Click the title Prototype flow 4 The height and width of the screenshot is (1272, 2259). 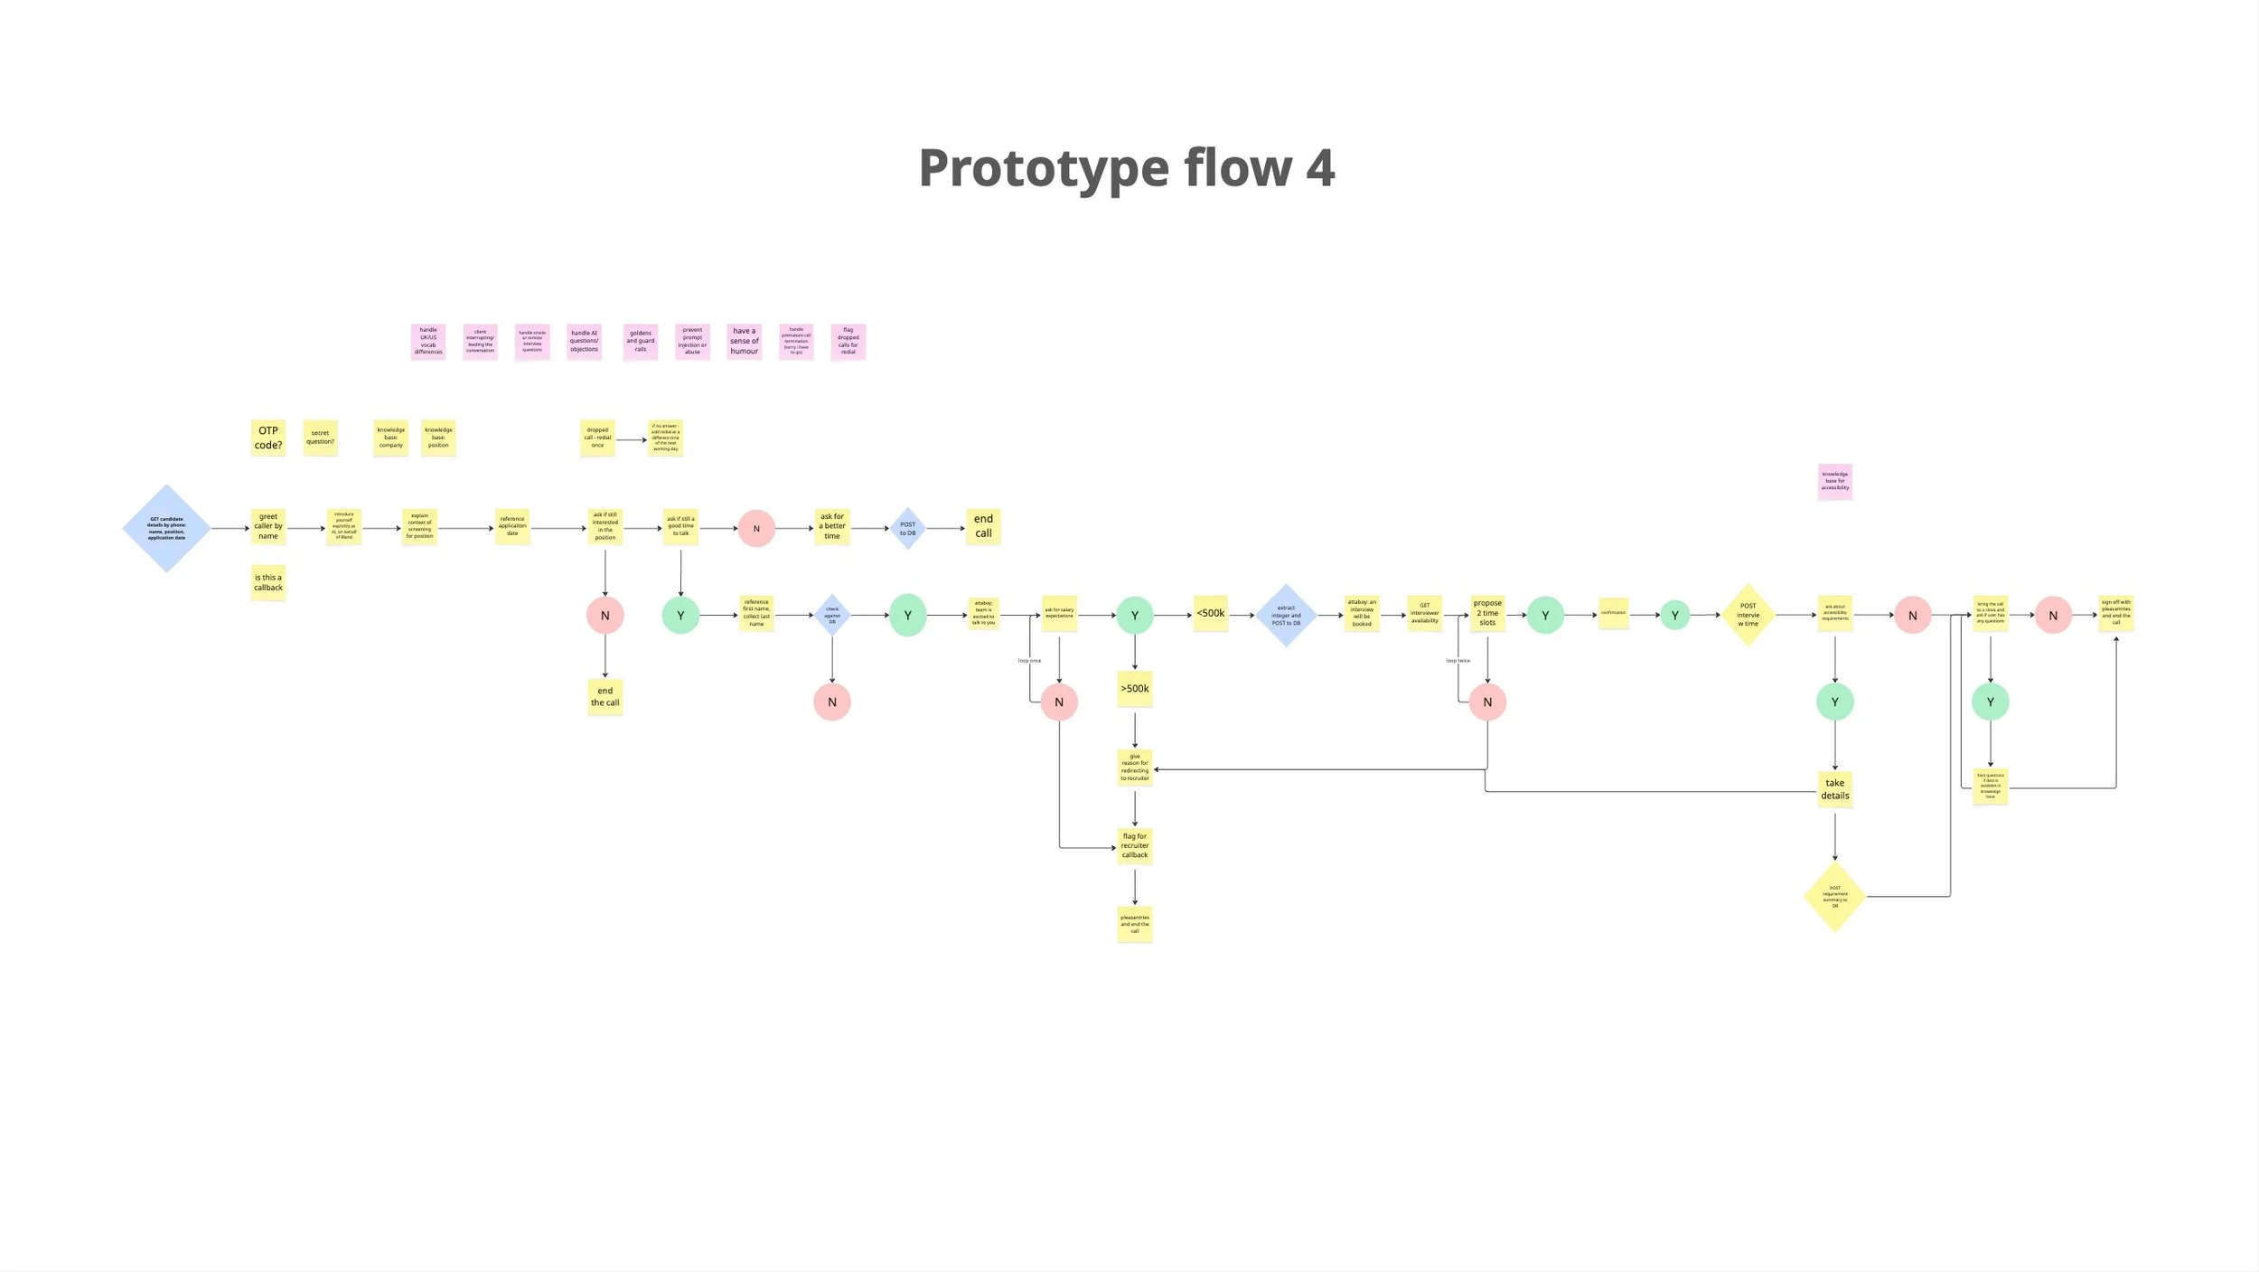tap(1126, 168)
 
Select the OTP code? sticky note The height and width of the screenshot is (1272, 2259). tap(268, 438)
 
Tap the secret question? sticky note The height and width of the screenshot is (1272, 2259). tap(320, 438)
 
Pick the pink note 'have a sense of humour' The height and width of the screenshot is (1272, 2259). tap(745, 342)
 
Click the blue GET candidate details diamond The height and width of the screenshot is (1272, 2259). tap(166, 528)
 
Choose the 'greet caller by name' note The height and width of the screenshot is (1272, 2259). tap(268, 526)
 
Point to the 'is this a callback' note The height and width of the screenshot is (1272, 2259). tap(268, 582)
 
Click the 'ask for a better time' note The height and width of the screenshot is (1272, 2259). tap(832, 526)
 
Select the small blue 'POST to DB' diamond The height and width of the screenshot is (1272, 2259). tap(907, 528)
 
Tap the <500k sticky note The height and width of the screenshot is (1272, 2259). tap(1211, 613)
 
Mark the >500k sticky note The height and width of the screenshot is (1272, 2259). tap(1135, 689)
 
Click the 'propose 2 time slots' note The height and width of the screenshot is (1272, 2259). tap(1487, 613)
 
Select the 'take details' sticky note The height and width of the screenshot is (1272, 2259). tap(1834, 789)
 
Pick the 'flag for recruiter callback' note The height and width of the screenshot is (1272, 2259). tap(1135, 845)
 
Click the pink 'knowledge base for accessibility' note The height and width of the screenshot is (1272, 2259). tap(1834, 481)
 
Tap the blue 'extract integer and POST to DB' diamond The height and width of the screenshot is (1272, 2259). tap(1286, 615)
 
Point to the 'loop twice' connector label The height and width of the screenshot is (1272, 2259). tap(1458, 661)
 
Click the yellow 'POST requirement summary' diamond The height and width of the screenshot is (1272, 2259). tap(1834, 897)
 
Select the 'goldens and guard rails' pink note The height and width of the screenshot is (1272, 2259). tap(641, 342)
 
